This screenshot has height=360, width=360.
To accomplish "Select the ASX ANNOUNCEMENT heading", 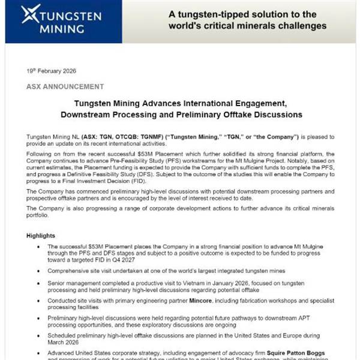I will [65, 86].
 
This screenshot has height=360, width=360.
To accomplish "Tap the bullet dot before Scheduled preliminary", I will [39, 335].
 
